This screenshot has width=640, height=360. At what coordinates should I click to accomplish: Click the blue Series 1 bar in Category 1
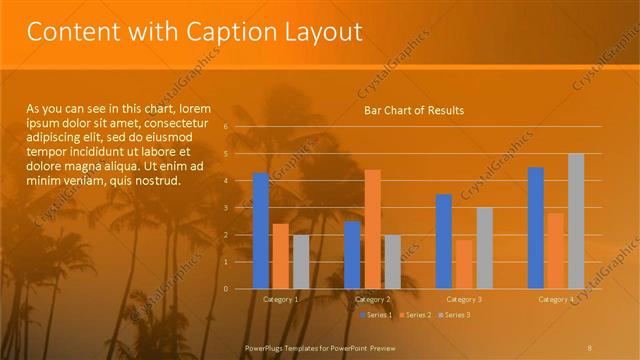click(x=261, y=231)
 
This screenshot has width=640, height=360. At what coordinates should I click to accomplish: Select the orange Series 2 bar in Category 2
click(x=372, y=229)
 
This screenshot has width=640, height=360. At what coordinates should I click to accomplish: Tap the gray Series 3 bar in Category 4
click(x=576, y=221)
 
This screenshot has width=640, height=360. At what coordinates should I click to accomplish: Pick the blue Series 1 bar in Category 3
click(x=444, y=241)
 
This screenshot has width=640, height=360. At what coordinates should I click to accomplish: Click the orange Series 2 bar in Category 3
click(x=464, y=264)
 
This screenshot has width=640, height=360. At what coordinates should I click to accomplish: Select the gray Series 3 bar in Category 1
click(x=301, y=262)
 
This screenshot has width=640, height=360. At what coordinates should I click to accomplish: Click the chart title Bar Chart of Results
click(x=413, y=110)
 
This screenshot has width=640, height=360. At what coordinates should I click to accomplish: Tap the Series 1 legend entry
click(x=376, y=315)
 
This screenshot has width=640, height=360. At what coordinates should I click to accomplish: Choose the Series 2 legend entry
click(x=414, y=315)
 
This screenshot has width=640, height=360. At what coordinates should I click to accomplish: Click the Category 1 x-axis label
click(x=281, y=299)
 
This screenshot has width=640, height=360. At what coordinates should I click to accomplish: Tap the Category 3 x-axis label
click(x=464, y=299)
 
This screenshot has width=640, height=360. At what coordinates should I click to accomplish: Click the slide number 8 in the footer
click(x=590, y=348)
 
